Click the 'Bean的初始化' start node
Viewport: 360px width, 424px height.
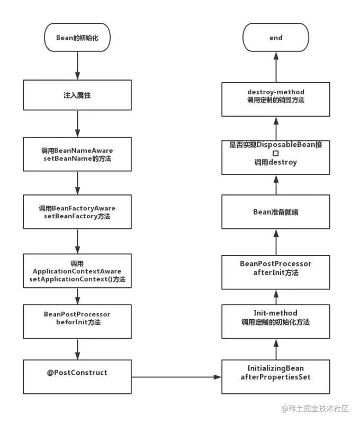77,37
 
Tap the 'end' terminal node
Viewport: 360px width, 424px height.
276,37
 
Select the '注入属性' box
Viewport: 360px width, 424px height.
77,95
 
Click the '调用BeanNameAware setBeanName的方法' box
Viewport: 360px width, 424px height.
77,154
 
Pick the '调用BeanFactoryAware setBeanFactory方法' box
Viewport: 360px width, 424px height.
77,211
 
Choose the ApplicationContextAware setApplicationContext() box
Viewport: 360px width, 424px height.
77,271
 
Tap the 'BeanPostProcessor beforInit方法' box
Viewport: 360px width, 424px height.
77,322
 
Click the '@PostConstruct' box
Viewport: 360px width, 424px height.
77,377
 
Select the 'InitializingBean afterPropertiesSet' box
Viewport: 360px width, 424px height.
276,377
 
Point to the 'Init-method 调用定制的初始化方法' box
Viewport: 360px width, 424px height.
276,322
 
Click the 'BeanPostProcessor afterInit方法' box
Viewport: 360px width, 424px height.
276,272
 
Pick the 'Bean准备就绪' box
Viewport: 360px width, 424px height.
276,211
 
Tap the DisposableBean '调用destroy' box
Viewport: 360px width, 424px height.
276,157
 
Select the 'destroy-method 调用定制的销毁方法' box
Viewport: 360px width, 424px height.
276,100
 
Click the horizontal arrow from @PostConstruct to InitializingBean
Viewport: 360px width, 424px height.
176,377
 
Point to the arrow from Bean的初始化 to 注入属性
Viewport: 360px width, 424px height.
77,66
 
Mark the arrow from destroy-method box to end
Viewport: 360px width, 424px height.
276,67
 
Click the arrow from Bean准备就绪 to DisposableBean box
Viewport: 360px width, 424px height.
276,184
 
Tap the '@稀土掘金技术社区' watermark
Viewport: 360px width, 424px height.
315,408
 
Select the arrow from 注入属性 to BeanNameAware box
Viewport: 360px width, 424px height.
77,124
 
